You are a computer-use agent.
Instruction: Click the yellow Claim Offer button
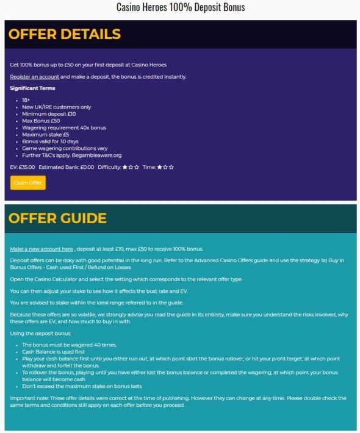[x=27, y=182]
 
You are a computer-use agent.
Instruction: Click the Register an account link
[x=34, y=77]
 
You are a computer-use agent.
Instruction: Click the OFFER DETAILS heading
[x=64, y=34]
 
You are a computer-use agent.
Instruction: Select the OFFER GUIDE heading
[x=57, y=218]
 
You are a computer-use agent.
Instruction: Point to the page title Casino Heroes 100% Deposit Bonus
[x=180, y=8]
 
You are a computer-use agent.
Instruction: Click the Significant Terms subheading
[x=32, y=88]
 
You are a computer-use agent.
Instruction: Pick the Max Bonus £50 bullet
[x=41, y=121]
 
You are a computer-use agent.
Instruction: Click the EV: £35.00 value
[x=23, y=166]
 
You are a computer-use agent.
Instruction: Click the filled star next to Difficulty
[x=125, y=166]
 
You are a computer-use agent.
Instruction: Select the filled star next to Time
[x=159, y=166]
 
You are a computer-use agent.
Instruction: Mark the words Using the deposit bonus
[x=40, y=333]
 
